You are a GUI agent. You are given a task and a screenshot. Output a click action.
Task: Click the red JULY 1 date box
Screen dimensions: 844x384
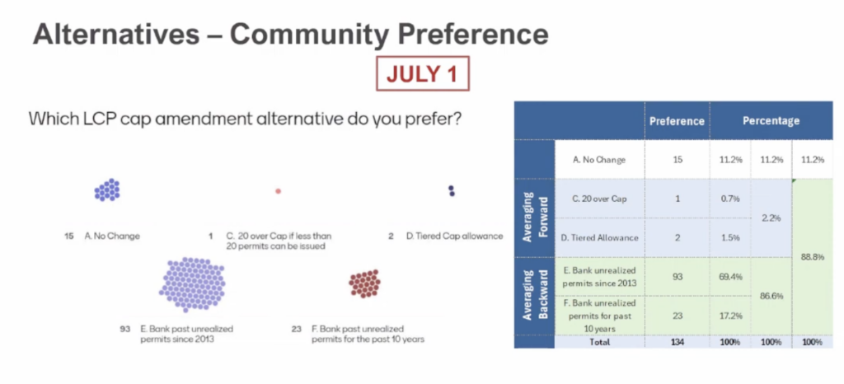point(423,73)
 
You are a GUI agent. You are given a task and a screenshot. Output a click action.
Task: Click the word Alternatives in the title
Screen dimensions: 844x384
point(115,35)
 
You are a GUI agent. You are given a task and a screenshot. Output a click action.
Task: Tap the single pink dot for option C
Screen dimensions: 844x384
point(279,191)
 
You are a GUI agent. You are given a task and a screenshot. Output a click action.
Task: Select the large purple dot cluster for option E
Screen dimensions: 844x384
point(192,284)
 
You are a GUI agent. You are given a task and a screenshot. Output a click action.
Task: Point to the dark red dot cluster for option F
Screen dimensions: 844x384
point(364,283)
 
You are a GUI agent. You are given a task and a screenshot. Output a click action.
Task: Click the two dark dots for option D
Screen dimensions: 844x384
point(452,191)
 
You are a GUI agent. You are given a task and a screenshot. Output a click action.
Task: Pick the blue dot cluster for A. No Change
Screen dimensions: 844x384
point(107,190)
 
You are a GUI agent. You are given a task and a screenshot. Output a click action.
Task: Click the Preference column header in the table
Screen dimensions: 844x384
point(677,121)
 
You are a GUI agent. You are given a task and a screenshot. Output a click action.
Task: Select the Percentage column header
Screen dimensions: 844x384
point(771,121)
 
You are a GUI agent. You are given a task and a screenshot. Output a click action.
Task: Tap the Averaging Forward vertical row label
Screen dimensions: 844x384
point(534,218)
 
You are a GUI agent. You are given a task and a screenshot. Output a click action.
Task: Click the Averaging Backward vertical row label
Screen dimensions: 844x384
point(534,295)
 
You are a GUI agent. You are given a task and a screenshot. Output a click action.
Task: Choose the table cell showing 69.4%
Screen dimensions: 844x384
point(730,276)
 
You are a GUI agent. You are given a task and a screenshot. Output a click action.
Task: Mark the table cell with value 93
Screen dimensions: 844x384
point(678,276)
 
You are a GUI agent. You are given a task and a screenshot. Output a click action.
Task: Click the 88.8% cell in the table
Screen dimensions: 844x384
point(812,256)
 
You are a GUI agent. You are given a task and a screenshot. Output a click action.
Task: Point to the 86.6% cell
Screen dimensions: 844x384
point(771,296)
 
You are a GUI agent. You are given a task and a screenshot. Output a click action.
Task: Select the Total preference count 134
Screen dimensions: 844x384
point(678,342)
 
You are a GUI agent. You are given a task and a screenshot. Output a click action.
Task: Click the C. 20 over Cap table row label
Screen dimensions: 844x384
point(599,199)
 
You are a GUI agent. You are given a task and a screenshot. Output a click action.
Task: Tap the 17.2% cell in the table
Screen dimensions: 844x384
point(730,315)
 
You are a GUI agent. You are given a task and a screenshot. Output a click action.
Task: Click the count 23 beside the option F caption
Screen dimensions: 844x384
point(297,329)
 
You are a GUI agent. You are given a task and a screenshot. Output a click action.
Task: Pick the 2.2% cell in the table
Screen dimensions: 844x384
point(771,218)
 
